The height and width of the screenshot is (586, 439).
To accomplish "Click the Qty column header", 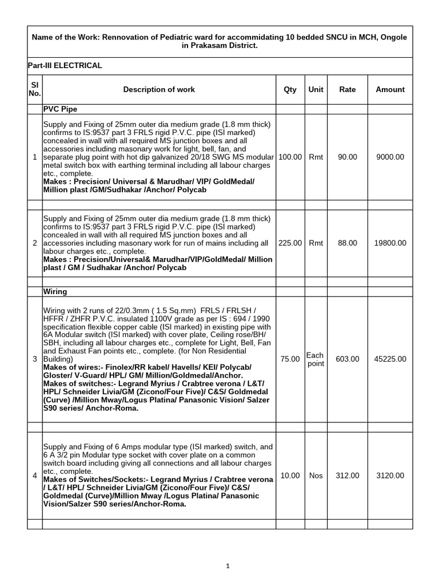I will [x=290, y=89].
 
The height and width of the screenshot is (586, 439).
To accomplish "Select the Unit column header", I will [x=316, y=89].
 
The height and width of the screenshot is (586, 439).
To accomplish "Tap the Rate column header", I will [x=347, y=89].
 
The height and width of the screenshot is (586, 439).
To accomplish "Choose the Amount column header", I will [x=390, y=89].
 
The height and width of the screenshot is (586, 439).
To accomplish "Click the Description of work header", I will [x=159, y=89].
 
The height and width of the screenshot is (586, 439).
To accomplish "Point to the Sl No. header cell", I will [x=34, y=89].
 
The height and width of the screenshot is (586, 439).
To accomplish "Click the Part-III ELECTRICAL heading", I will [x=65, y=65].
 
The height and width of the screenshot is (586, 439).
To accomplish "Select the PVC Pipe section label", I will [x=60, y=109].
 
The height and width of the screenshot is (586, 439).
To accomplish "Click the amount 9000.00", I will [x=390, y=157].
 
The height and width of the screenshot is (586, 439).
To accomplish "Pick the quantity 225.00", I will [x=290, y=243].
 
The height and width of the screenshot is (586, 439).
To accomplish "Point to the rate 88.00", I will [x=348, y=243].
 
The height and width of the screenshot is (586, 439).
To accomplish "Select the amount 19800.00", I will [x=390, y=243].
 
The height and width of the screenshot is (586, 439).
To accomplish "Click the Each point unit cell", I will [x=316, y=359].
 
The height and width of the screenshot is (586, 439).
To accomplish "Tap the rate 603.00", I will [x=348, y=359].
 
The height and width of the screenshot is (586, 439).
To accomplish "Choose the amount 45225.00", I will [x=390, y=359].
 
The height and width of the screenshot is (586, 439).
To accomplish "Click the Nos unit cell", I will [x=316, y=476].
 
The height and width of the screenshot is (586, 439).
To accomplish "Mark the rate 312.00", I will [x=348, y=476].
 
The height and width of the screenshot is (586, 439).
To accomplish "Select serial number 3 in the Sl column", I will [x=35, y=359].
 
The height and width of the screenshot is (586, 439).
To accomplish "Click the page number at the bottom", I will [x=228, y=566].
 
